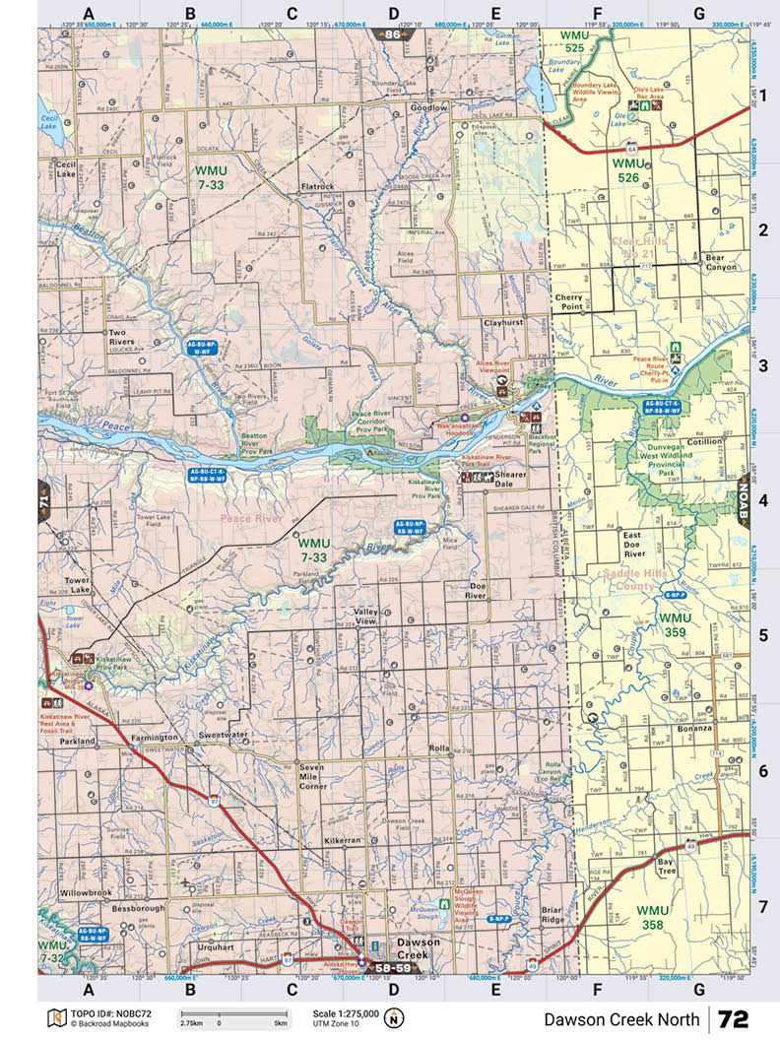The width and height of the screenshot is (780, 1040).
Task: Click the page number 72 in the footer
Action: tap(734, 1018)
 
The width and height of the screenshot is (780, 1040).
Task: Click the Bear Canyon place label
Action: tap(721, 262)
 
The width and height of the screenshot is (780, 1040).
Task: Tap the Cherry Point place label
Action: tap(569, 301)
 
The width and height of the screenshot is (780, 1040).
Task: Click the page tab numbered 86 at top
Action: tap(393, 34)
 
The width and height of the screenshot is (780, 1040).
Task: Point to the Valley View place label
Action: tap(365, 617)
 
